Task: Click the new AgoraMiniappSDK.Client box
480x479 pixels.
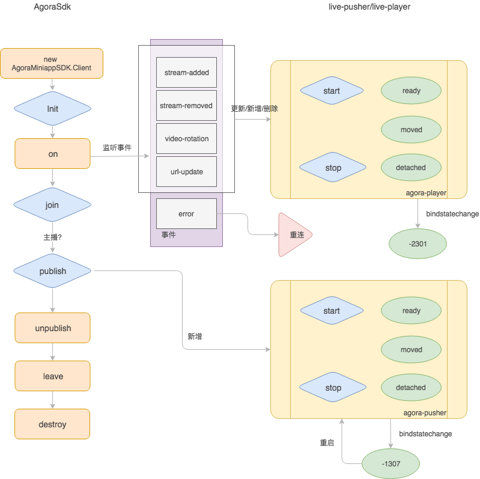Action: coord(52,63)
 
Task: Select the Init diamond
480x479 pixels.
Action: coord(52,108)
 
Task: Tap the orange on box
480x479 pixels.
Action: coord(53,153)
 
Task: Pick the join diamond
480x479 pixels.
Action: coord(52,204)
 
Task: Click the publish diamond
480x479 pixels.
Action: coord(52,270)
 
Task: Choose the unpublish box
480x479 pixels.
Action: coord(53,328)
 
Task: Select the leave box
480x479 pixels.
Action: coord(53,376)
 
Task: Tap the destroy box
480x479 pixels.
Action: coord(52,424)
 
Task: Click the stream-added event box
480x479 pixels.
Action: coord(186,72)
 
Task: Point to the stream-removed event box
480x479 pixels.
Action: coord(186,105)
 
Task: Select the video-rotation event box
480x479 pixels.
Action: coord(186,138)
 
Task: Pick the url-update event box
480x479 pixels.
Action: coord(186,171)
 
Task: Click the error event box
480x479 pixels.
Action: coord(186,213)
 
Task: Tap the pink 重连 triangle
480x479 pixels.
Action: coord(293,234)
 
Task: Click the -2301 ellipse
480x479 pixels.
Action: coord(418,244)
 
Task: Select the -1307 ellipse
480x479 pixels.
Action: coord(390,464)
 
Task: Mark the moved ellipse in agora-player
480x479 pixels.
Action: coord(411,130)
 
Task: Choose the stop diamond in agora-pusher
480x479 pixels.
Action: coord(333,387)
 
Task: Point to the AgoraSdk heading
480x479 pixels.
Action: coord(52,7)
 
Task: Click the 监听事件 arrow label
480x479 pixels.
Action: coord(117,148)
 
